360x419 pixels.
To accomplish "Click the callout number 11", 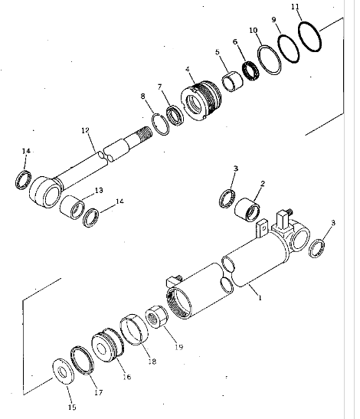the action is coord(295,7).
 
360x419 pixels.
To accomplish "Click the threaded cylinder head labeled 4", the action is coord(201,100).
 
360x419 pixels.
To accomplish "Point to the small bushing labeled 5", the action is coord(232,81).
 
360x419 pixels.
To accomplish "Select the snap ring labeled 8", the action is coord(160,124).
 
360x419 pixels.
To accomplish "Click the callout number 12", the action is coord(85,130).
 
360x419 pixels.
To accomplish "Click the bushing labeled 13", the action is coord(72,207).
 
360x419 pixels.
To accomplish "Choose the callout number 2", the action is coord(263,184).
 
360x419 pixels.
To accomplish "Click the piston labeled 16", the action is coord(108,345).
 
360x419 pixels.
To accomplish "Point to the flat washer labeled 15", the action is coord(64,372).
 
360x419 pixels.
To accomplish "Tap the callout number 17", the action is coord(99,392).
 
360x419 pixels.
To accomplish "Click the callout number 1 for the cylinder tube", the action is coord(260,297).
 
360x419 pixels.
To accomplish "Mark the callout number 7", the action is coord(159,87).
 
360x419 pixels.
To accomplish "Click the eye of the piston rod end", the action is coord(44,191).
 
